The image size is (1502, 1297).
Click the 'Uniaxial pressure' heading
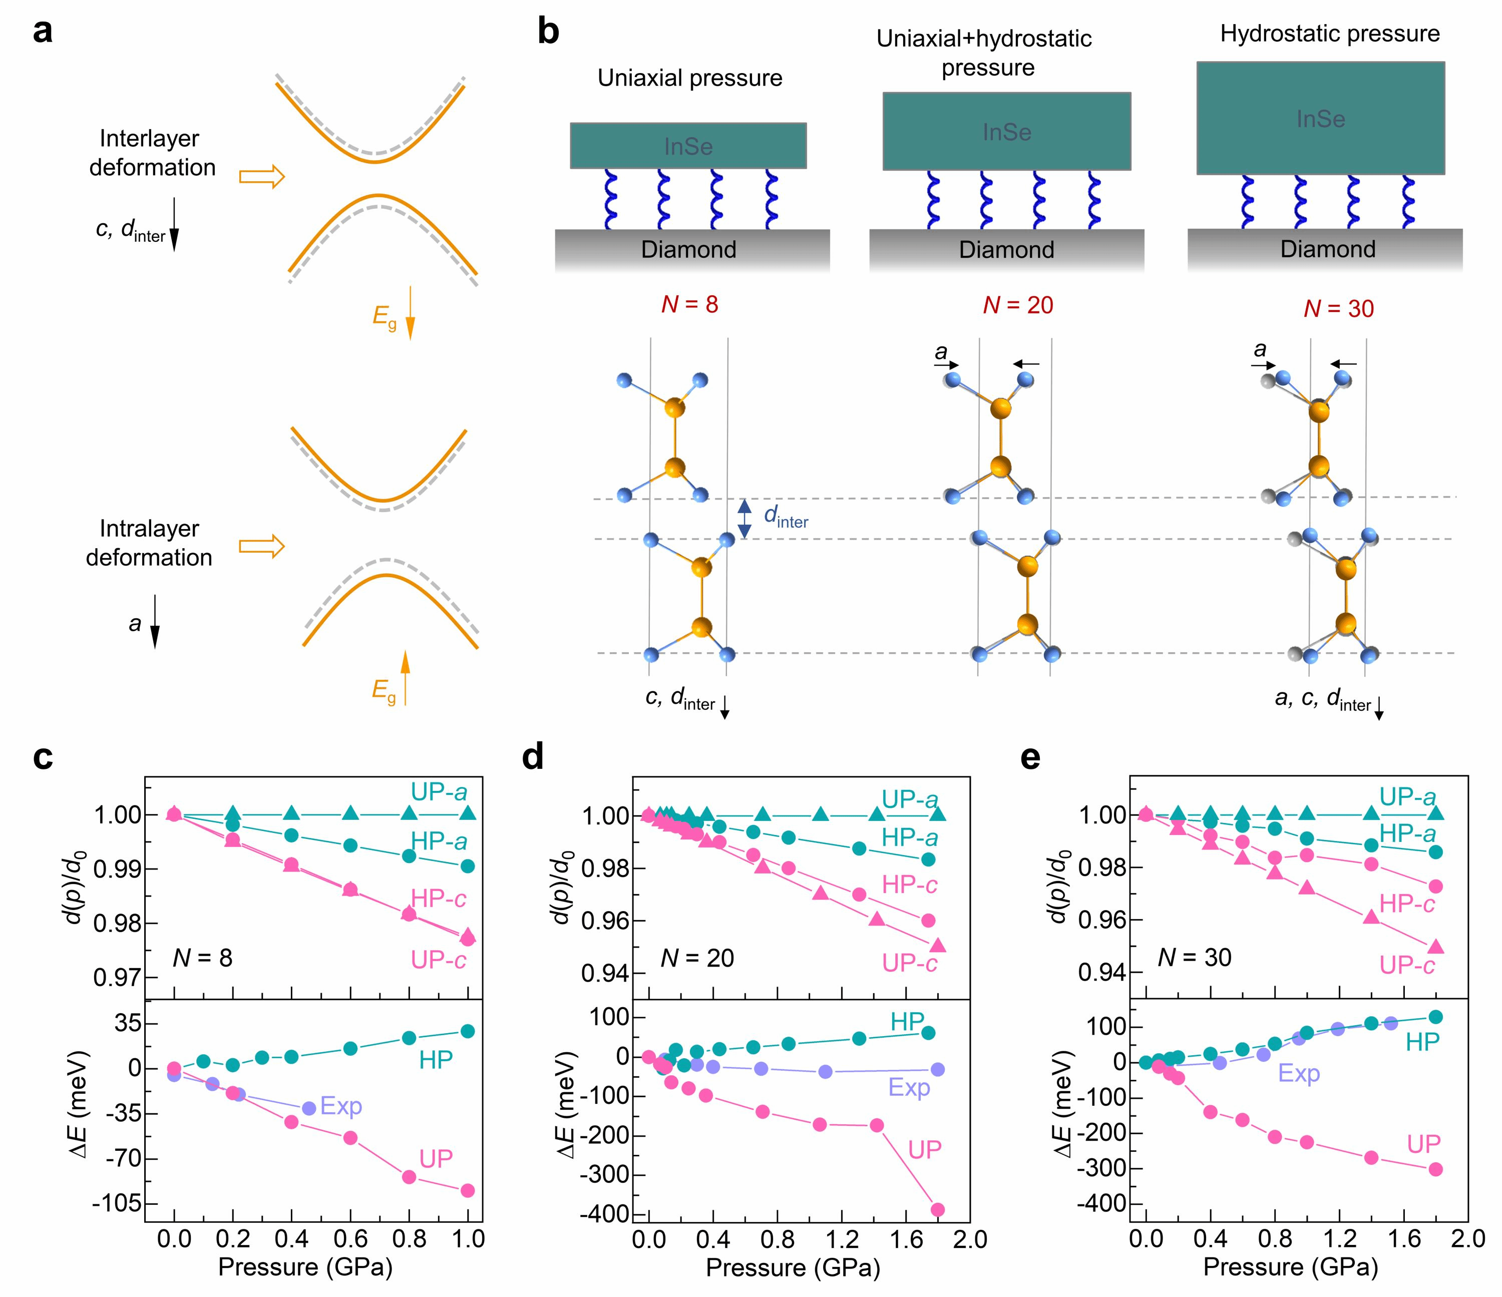pos(689,78)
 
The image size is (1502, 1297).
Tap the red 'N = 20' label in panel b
pos(1018,305)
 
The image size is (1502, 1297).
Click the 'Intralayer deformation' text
pos(149,543)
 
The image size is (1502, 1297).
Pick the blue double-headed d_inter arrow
pos(744,519)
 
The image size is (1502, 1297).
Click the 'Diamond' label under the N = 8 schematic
pos(688,249)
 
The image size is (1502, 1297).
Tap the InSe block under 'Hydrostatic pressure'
pos(1320,118)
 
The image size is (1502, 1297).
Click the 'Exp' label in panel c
pos(341,1106)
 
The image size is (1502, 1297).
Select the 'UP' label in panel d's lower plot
pos(925,1149)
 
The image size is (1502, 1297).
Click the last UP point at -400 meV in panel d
pos(937,1209)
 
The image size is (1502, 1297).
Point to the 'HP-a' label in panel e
pos(1407,834)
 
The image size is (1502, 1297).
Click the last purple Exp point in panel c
pos(309,1108)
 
